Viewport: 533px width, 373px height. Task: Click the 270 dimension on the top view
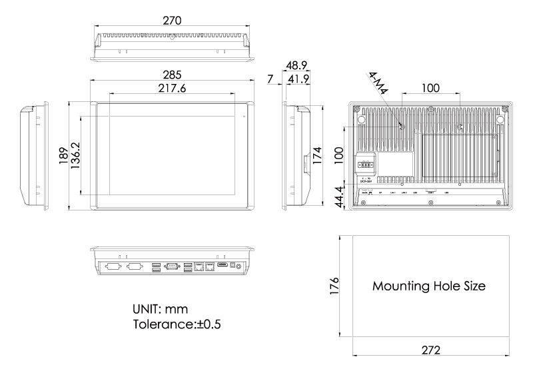point(172,21)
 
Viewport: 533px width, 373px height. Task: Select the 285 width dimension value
point(172,75)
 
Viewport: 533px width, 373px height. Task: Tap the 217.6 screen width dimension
point(172,88)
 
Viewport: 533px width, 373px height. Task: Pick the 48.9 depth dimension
point(297,67)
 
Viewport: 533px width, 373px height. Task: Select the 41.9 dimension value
point(297,80)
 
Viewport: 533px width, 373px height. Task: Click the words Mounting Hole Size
point(428,286)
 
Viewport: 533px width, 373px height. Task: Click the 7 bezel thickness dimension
point(270,80)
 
